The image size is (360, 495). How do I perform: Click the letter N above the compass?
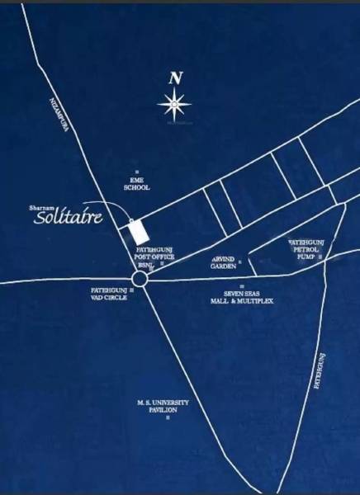(174, 79)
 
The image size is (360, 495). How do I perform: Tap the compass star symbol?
(174, 104)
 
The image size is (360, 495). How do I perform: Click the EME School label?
(136, 184)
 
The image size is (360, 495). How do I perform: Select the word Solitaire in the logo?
(68, 219)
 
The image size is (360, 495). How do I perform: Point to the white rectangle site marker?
(136, 231)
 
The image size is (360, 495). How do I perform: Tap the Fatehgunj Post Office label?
(153, 252)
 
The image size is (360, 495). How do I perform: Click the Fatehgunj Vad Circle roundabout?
(139, 280)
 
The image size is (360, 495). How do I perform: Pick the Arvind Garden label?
(223, 262)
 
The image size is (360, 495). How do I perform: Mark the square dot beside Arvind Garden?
(241, 262)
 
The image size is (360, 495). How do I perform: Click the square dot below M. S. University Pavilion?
(168, 418)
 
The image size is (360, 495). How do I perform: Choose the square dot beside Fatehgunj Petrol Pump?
(320, 258)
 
